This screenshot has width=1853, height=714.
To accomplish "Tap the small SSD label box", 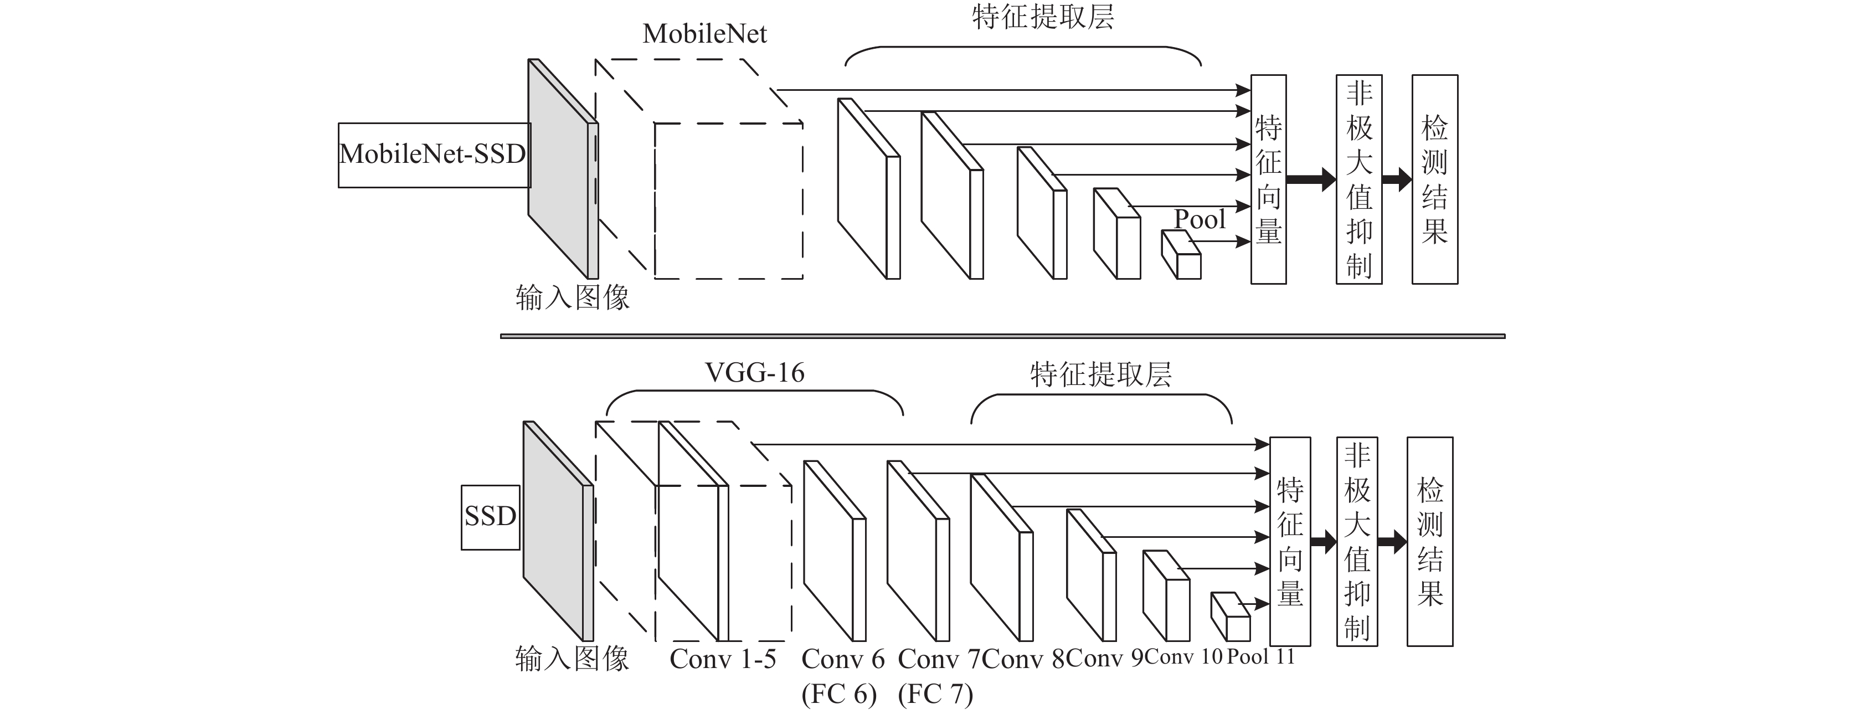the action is point(491,517).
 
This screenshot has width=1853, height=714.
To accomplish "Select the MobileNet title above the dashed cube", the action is point(705,34).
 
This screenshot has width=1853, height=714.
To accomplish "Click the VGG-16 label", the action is point(755,373).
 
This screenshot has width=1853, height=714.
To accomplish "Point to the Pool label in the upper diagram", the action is point(1200,219).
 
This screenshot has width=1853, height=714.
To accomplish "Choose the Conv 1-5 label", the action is point(723,659).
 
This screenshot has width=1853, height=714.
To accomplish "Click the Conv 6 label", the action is point(843,659).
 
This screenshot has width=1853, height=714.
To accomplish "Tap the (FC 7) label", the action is point(935,694).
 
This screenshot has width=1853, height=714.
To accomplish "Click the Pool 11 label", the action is point(1260,656).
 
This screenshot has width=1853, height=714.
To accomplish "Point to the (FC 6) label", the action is point(839,694).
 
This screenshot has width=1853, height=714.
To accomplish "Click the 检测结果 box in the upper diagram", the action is point(1434,179).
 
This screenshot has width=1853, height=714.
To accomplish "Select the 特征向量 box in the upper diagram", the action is point(1268,179).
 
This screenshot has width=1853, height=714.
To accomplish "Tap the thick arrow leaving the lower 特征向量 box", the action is point(1324,541).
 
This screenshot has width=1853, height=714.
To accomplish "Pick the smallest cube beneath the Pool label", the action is point(1181,255).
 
